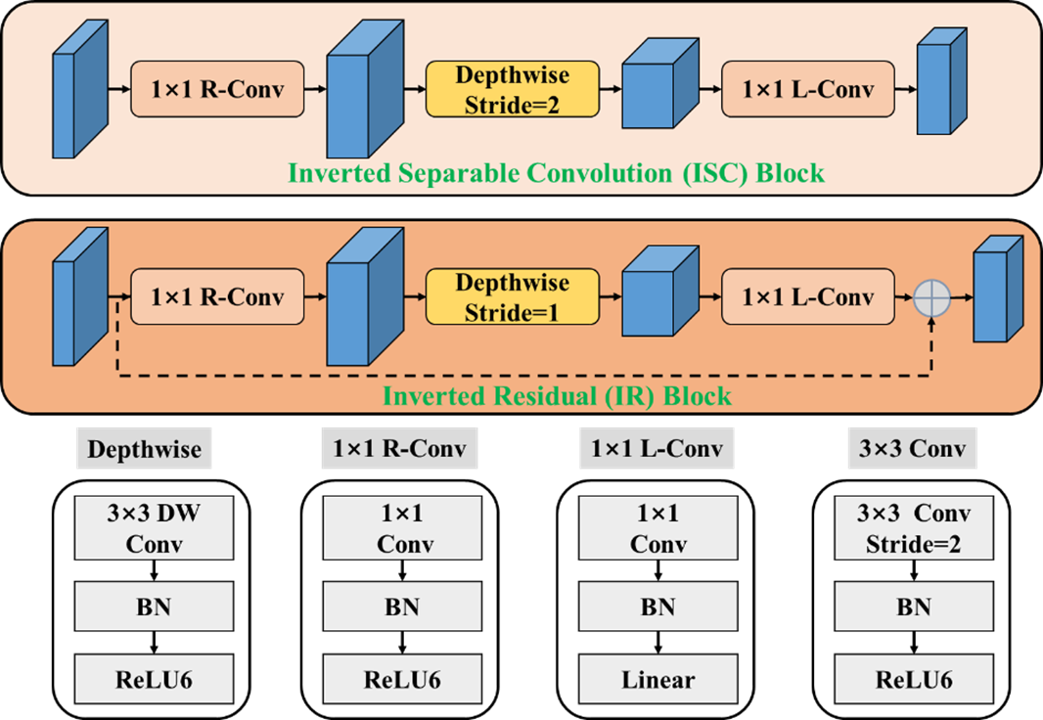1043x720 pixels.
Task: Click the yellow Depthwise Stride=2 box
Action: (x=512, y=89)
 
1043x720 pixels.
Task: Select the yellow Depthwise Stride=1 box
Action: (x=512, y=296)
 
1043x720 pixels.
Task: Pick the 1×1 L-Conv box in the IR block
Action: (x=808, y=296)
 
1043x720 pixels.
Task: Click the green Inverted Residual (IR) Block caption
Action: (x=557, y=396)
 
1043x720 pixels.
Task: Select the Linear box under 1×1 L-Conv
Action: (x=658, y=679)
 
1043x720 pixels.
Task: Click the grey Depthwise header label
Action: (x=144, y=449)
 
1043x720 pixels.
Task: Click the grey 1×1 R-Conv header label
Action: (x=399, y=449)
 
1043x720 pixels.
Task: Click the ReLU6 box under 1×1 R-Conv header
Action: (x=399, y=679)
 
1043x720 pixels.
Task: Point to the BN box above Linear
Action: (x=658, y=606)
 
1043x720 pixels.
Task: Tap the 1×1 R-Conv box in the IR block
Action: (x=218, y=296)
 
